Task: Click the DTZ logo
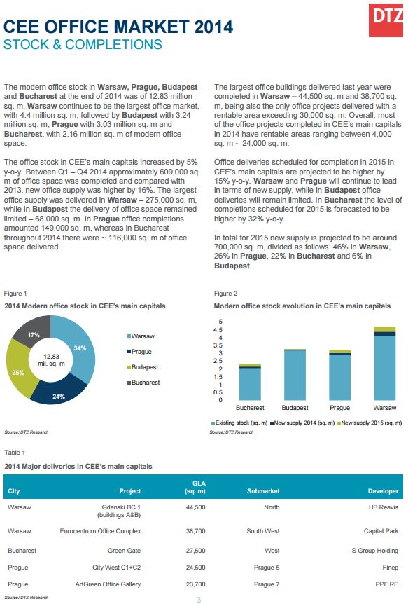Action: point(386,20)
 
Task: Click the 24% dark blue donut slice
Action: point(59,394)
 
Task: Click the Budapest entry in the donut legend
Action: point(143,367)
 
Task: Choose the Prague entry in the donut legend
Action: point(139,352)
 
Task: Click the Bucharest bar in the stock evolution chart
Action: point(250,382)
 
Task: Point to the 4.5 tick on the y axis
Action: point(218,330)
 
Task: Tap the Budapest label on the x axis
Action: point(295,408)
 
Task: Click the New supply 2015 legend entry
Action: point(370,423)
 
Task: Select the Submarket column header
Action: point(263,491)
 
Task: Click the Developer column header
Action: point(383,491)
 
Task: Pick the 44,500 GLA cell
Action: point(195,507)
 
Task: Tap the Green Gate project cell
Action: point(124,551)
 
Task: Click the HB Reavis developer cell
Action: point(384,507)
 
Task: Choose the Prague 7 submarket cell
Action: point(267,584)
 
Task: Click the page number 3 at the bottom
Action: point(199,599)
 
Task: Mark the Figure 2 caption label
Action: point(225,294)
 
